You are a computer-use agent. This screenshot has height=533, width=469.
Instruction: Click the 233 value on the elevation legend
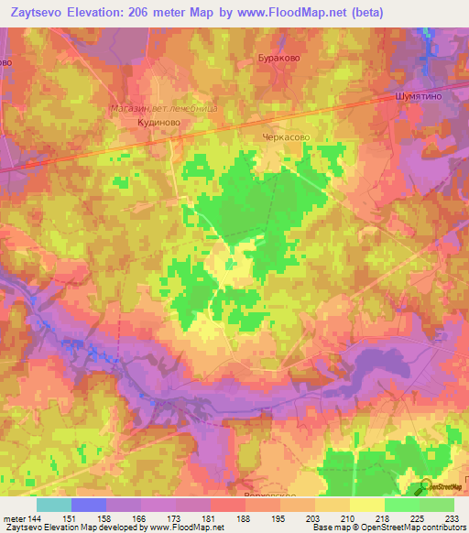coord(449,518)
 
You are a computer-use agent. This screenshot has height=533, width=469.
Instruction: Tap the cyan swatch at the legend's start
coord(54,505)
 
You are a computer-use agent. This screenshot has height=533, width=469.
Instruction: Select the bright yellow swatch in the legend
coord(367,505)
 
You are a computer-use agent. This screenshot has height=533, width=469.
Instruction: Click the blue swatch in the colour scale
coord(89,505)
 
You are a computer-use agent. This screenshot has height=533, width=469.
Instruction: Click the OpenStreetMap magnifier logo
coord(426,487)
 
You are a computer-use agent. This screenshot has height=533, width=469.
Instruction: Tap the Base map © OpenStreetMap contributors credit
coord(388,528)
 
